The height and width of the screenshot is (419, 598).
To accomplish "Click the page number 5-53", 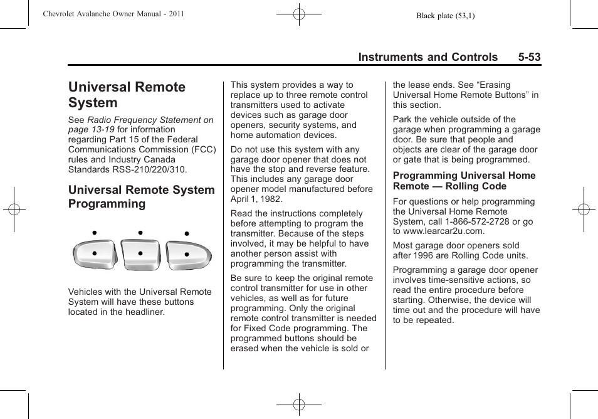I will point(529,57).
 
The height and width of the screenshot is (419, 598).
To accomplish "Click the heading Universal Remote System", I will point(127,95).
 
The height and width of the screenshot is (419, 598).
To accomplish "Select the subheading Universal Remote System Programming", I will point(141,196).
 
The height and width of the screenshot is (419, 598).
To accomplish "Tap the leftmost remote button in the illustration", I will point(94,253).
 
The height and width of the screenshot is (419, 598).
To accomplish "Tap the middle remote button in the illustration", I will point(140,253).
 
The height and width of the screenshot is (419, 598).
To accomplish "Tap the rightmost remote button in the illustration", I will point(187,254).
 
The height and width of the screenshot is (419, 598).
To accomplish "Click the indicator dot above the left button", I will point(94,233).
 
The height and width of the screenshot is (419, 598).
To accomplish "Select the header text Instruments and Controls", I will point(428,57).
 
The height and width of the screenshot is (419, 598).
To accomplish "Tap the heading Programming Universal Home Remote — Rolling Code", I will point(464,181).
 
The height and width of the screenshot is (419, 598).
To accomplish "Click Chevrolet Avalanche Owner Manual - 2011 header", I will point(113,14).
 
